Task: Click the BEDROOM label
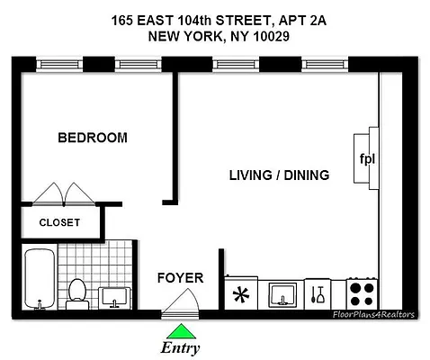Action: click(x=92, y=138)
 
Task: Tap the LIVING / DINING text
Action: click(x=278, y=175)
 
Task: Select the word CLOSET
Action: click(x=59, y=222)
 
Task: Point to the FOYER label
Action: click(x=180, y=277)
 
